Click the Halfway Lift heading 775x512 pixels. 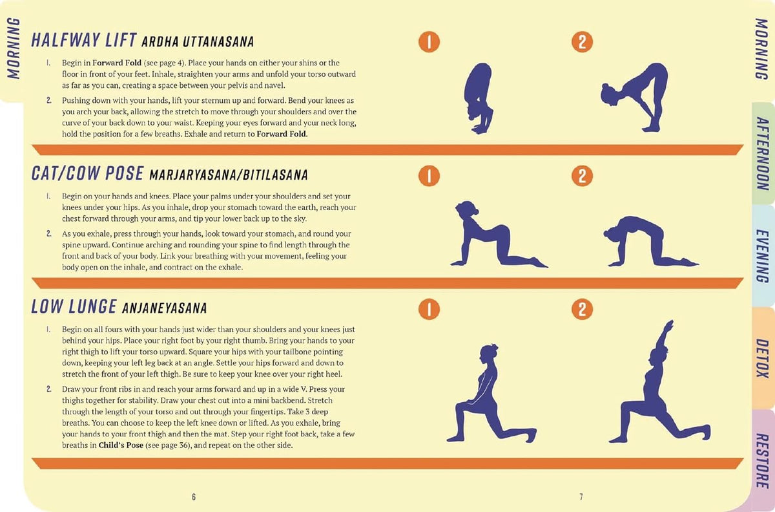point(84,41)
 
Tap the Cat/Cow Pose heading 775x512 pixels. point(89,174)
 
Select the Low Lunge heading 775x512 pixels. point(74,307)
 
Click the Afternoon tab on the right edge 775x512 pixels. point(762,153)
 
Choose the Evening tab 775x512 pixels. point(762,255)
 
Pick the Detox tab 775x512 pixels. point(762,358)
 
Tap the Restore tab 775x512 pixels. point(762,460)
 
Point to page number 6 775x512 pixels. point(193,496)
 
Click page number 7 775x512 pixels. point(581,496)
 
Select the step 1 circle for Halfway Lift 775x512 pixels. point(429,42)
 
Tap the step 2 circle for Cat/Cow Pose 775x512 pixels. point(582,176)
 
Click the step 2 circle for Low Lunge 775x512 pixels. point(582,309)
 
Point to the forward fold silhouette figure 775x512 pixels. point(478,97)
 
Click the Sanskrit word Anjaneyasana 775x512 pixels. point(164,308)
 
